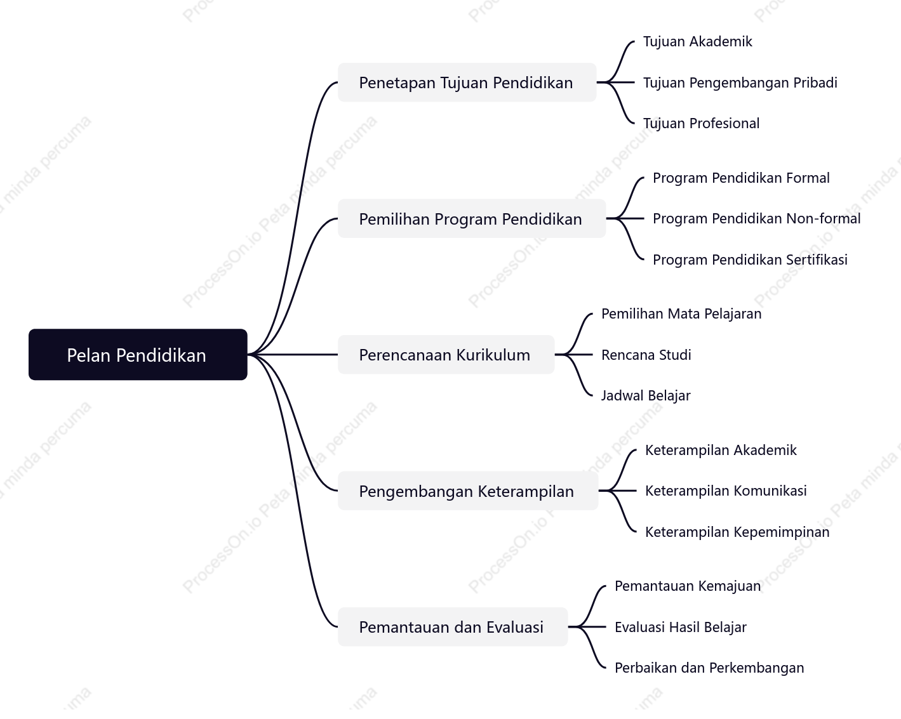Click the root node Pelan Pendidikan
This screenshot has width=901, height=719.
[138, 355]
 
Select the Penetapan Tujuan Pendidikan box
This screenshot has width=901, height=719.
[467, 82]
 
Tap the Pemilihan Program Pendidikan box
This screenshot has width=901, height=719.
[472, 218]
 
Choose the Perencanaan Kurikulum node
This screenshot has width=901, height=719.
[446, 355]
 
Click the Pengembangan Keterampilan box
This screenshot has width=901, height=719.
[468, 491]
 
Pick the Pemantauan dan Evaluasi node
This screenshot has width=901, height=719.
[453, 627]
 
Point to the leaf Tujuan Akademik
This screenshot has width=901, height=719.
[698, 42]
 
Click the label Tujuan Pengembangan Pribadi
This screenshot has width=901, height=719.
[740, 83]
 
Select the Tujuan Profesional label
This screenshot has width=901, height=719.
[701, 124]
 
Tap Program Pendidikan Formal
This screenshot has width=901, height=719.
[741, 178]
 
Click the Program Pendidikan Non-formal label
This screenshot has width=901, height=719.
[757, 218]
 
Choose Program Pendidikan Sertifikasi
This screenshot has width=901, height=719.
[750, 260]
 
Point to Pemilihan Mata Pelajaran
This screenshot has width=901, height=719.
[681, 314]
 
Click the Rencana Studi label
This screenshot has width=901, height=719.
[646, 355]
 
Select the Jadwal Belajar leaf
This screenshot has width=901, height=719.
[646, 395]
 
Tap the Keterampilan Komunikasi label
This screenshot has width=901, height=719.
[726, 491]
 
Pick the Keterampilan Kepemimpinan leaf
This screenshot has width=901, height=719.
[737, 532]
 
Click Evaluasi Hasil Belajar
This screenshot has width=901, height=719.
[681, 627]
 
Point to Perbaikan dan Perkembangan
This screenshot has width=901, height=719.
[709, 668]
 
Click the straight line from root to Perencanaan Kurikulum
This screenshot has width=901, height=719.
[293, 355]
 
